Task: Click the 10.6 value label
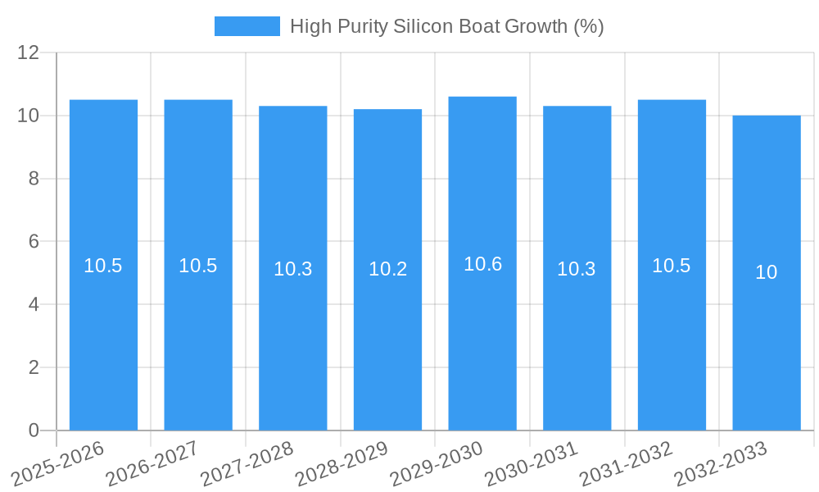(482, 264)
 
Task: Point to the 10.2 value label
(387, 269)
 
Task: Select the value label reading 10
(766, 272)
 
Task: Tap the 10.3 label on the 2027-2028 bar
(293, 269)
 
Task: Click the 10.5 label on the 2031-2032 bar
(672, 266)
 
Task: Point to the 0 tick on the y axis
(34, 430)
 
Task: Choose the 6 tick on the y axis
(34, 242)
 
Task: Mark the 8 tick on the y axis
(34, 179)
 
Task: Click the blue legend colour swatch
(247, 26)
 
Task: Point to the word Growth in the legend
(536, 26)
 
